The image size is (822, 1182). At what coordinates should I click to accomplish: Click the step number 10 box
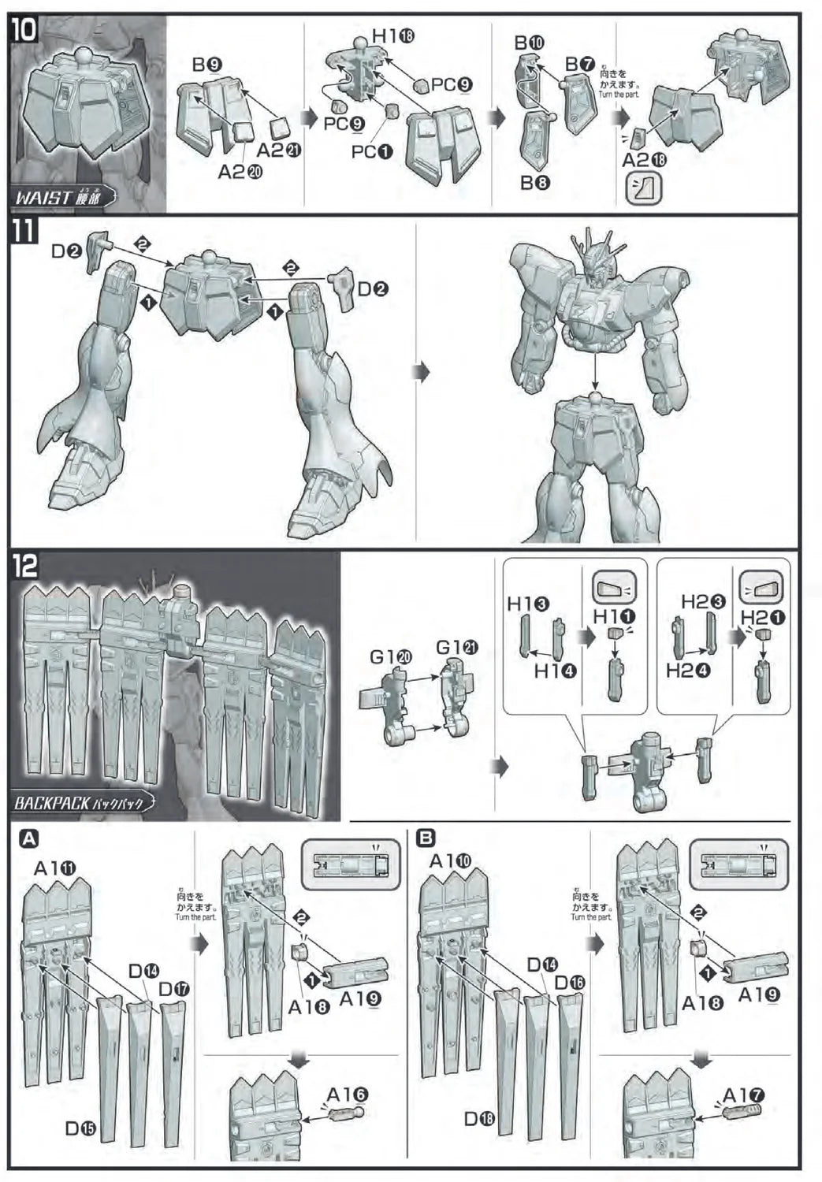[x=24, y=31]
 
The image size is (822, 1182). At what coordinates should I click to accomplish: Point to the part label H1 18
[x=393, y=35]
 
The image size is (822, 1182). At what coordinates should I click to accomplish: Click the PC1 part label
[x=371, y=151]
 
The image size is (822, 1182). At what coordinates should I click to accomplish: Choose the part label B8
[x=534, y=183]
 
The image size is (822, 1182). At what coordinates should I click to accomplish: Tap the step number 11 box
[x=24, y=232]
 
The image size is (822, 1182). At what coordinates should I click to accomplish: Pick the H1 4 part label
[x=555, y=671]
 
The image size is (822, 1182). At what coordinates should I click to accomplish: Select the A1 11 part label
[x=55, y=868]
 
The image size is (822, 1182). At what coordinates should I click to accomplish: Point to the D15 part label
[x=80, y=1128]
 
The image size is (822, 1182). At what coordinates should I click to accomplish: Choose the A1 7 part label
[x=742, y=1095]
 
